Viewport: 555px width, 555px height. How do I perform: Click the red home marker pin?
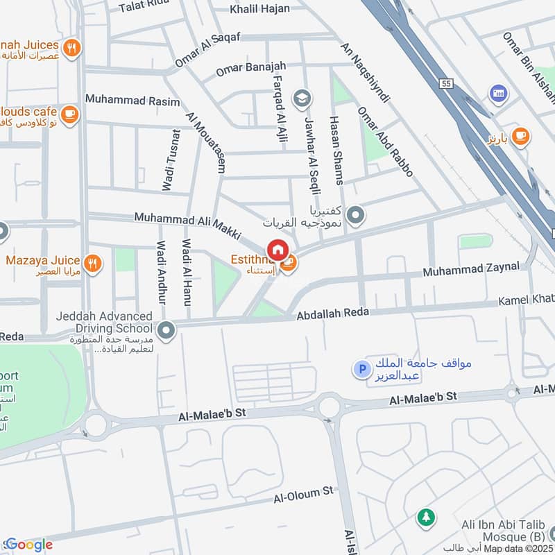(277, 250)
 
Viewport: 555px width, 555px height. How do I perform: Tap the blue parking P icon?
(360, 370)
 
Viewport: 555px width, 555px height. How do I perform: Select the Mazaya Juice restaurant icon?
(92, 263)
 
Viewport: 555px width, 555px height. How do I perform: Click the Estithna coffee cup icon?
(289, 263)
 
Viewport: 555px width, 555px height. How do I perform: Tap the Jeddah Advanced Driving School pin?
(166, 331)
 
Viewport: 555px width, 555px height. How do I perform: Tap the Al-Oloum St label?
(303, 495)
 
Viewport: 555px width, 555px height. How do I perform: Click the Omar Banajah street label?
(250, 69)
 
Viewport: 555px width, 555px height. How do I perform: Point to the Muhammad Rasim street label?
(133, 99)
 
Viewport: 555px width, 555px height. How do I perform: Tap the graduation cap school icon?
(301, 99)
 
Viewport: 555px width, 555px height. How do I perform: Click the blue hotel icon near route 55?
(497, 92)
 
